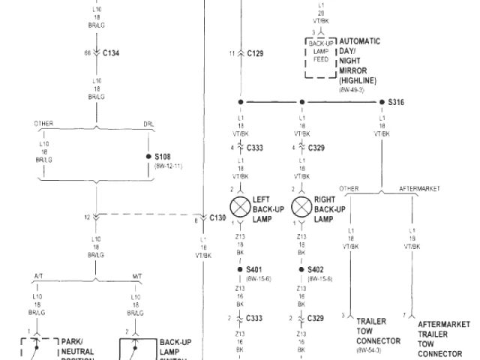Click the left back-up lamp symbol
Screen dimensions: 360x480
(x=241, y=205)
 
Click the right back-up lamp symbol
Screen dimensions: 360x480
(x=301, y=205)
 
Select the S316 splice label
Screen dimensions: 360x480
(x=396, y=101)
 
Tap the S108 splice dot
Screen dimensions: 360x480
(x=148, y=157)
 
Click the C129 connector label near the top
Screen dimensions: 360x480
(x=255, y=53)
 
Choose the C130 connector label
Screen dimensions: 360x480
(x=217, y=217)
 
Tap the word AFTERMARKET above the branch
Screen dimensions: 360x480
(x=420, y=188)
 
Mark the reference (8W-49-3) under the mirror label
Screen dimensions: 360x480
(x=352, y=88)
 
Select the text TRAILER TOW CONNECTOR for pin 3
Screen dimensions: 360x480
(x=372, y=331)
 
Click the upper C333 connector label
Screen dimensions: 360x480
(x=255, y=148)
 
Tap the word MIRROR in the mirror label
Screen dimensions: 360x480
(x=352, y=70)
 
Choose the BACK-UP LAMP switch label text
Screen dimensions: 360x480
(x=175, y=346)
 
